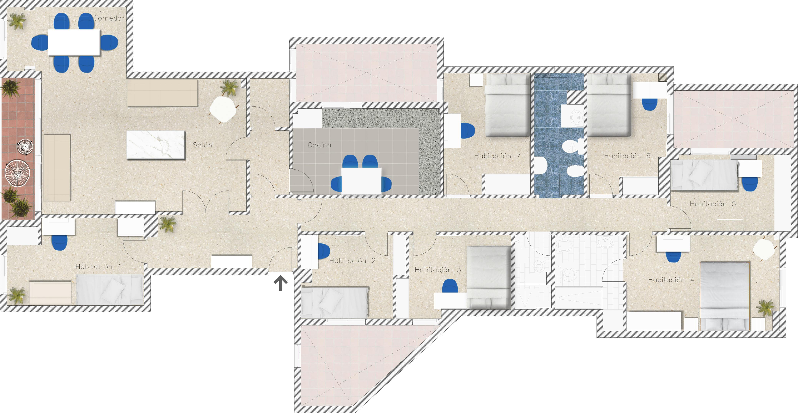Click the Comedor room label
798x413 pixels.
pos(109,18)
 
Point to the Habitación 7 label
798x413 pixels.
pos(497,156)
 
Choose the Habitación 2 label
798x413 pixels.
pos(352,261)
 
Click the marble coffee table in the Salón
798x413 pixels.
pos(156,145)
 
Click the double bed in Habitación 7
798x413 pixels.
pos(507,105)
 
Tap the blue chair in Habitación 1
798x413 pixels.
pos(59,242)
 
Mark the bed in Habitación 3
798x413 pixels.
pos(488,278)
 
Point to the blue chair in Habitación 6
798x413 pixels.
pos(649,104)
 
